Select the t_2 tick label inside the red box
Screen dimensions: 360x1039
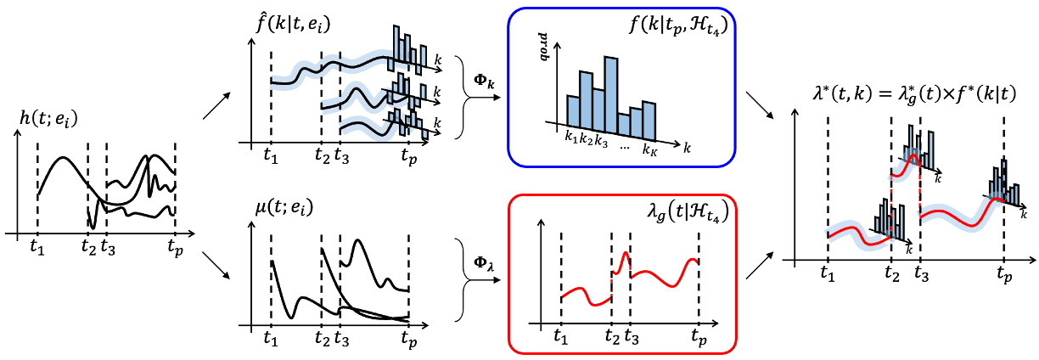(x=611, y=335)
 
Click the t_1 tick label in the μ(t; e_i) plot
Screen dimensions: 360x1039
(x=270, y=337)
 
